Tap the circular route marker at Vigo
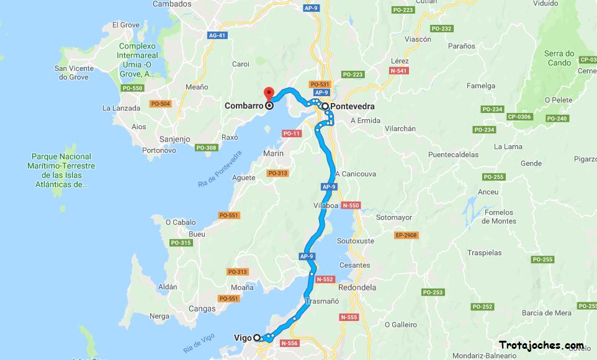tap(257, 338)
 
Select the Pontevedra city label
tap(352, 106)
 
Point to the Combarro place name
tap(244, 106)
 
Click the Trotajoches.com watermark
tap(541, 345)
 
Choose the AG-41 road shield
tap(217, 36)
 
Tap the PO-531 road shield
tap(319, 84)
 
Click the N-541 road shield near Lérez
tap(398, 71)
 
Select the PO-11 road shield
tap(291, 133)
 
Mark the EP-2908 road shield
tap(406, 235)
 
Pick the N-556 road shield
tap(289, 343)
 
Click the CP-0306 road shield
tap(519, 117)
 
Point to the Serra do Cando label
tap(559, 58)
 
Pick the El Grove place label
tap(125, 25)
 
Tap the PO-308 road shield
tap(206, 148)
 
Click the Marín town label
tap(273, 153)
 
